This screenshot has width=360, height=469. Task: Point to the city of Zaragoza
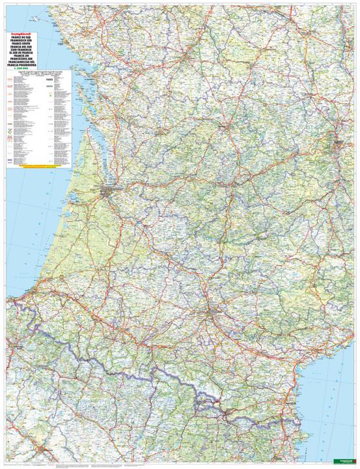(x=45, y=449)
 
